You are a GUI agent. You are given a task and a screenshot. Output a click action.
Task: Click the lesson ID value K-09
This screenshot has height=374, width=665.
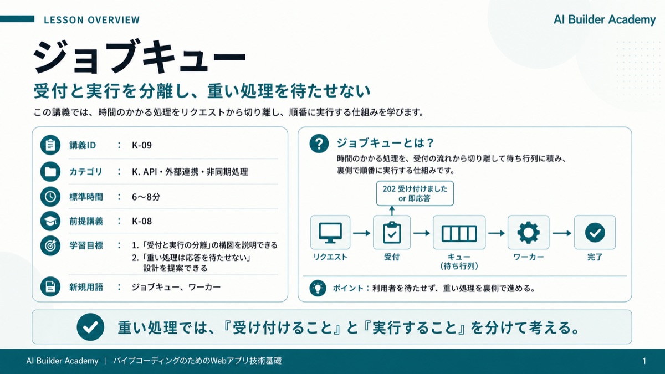142,145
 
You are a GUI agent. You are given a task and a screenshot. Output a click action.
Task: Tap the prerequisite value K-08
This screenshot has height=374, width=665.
142,221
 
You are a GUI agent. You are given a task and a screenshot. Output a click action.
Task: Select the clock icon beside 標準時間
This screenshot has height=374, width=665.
50,197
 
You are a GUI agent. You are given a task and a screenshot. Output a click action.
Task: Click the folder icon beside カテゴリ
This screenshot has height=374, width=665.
50,172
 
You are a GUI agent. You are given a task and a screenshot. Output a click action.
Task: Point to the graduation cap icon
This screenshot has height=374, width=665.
50,221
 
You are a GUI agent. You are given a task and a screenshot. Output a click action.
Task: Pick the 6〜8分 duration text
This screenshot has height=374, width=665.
146,197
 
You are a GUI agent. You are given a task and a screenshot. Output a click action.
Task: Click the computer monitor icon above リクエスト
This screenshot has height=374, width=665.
330,233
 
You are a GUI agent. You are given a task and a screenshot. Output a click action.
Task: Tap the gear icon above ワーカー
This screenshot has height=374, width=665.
528,233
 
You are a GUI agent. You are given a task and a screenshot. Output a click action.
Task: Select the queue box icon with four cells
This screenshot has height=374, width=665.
459,233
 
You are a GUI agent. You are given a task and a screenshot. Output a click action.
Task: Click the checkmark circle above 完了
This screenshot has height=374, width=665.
595,233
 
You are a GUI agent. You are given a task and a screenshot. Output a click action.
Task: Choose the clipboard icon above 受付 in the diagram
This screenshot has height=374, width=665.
392,232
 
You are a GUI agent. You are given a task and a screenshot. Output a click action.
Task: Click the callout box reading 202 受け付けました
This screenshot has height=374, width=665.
415,193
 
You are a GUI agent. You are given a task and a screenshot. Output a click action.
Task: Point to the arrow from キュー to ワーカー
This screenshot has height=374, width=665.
497,233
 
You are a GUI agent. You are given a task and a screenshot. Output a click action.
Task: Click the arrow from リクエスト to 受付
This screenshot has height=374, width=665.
361,233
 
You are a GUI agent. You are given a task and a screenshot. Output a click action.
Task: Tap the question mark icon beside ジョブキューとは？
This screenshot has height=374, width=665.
319,144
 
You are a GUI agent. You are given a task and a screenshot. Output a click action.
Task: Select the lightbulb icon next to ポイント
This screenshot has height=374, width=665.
318,288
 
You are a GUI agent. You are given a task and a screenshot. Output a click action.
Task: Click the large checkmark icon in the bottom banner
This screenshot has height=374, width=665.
90,327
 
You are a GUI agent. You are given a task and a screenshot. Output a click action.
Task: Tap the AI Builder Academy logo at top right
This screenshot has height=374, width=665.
605,19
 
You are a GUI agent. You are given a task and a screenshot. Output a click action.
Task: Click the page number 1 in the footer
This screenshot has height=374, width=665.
644,361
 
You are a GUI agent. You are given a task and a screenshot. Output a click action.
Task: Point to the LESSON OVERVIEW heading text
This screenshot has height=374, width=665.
92,20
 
